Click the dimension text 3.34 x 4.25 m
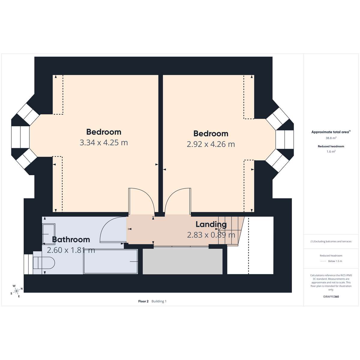(x=104, y=143)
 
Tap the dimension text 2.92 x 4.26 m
(x=211, y=144)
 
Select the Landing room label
(x=211, y=224)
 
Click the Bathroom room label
(x=71, y=239)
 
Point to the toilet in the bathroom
(x=44, y=263)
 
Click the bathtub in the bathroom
(x=110, y=262)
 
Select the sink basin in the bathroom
(x=49, y=234)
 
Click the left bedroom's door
(x=141, y=201)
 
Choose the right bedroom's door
(x=178, y=201)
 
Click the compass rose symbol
(x=17, y=291)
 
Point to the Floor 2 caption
(x=143, y=301)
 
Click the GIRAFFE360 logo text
(x=331, y=296)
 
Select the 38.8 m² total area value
(x=331, y=138)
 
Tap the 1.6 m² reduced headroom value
(x=331, y=151)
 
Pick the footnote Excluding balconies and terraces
(x=331, y=241)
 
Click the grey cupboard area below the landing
(x=183, y=262)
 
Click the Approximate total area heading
(x=331, y=132)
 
